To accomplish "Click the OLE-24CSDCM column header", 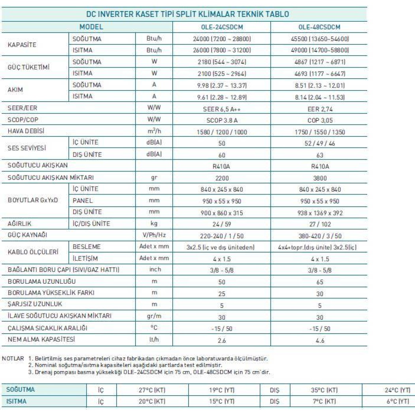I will coord(221,27).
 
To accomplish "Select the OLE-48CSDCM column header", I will coord(320,27).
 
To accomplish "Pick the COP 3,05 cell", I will coord(320,120).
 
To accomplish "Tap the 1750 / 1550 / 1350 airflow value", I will coord(320,131).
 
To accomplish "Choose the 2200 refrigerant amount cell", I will coord(221,178).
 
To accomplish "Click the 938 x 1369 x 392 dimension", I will coord(320,213).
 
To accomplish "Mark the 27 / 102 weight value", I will coord(320,224).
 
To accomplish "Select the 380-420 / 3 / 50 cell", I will coord(320,236).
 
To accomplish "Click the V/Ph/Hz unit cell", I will coord(155,236).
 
